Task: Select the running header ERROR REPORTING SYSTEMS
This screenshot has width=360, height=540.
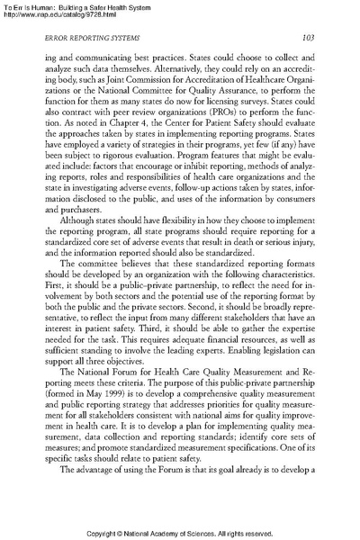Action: (x=85, y=63)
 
